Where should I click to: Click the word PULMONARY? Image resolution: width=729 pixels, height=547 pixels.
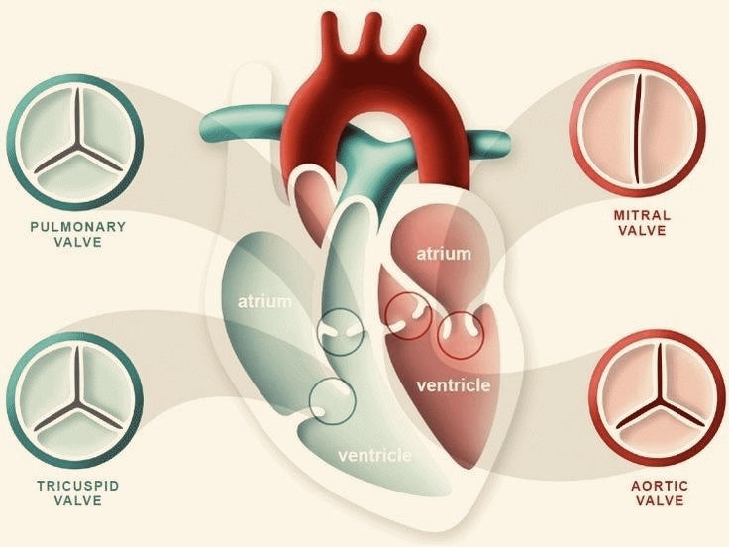click(78, 227)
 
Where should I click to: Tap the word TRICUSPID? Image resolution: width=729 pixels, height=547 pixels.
click(78, 486)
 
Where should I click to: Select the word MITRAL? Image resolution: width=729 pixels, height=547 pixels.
click(642, 215)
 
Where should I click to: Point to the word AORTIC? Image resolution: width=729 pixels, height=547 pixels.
click(660, 486)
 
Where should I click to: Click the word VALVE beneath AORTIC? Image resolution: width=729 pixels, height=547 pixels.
click(660, 501)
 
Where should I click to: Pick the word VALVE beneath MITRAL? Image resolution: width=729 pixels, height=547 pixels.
click(642, 230)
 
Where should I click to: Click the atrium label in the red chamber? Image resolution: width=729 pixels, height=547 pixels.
click(444, 254)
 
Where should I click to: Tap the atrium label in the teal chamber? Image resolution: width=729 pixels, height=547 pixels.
click(265, 302)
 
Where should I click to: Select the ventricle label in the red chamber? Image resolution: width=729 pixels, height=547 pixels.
click(454, 385)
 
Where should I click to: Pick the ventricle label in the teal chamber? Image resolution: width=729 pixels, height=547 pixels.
click(374, 455)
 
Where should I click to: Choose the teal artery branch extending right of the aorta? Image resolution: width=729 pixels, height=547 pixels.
click(488, 142)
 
